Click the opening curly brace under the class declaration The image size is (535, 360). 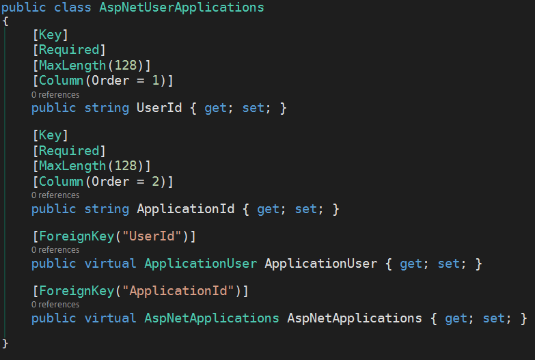5,21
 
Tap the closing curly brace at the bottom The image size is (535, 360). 5,342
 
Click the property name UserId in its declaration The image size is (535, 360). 159,108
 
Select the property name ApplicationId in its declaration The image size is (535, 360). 186,209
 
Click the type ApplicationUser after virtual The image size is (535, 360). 201,264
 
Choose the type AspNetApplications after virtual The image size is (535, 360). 212,318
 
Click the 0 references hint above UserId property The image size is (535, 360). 55,95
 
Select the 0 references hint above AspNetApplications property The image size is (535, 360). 55,305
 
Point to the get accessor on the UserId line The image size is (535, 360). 215,108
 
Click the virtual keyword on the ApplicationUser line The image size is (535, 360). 111,264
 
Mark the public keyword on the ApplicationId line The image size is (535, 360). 54,209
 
